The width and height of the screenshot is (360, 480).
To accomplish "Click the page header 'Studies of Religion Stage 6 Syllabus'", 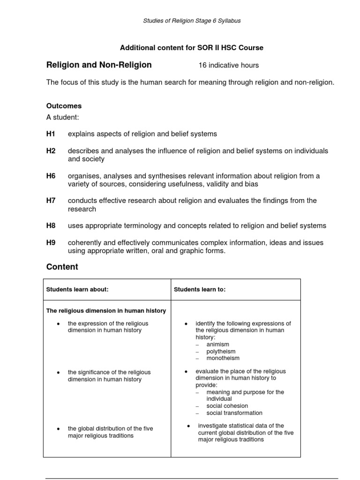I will (192, 21).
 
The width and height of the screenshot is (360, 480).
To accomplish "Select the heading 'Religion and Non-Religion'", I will (99, 65).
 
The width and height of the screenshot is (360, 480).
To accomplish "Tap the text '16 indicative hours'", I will (228, 65).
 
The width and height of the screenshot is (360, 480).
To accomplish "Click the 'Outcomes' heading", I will (64, 106).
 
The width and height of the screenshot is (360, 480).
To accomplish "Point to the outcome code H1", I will (51, 134).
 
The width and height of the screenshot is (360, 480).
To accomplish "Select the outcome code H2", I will (51, 151).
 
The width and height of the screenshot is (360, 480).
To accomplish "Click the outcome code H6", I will (51, 176).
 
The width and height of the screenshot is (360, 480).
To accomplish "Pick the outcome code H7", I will (51, 201).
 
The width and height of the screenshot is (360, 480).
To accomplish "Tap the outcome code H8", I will (51, 225).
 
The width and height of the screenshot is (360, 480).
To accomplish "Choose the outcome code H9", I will (51, 243).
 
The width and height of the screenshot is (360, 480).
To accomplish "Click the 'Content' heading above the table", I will (62, 267).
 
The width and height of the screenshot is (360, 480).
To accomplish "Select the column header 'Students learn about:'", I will (77, 290).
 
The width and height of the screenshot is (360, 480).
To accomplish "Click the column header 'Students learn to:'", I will (200, 290).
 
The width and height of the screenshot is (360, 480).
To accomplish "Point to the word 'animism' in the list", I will (217, 344).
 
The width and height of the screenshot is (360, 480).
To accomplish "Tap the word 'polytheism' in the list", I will (221, 351).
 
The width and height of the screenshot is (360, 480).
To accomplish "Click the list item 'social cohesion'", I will (227, 406).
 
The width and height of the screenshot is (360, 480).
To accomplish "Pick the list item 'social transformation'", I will (234, 413).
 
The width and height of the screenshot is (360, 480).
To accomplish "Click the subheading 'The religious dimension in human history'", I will (106, 311).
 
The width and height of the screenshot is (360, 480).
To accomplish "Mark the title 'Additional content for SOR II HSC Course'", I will (192, 48).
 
